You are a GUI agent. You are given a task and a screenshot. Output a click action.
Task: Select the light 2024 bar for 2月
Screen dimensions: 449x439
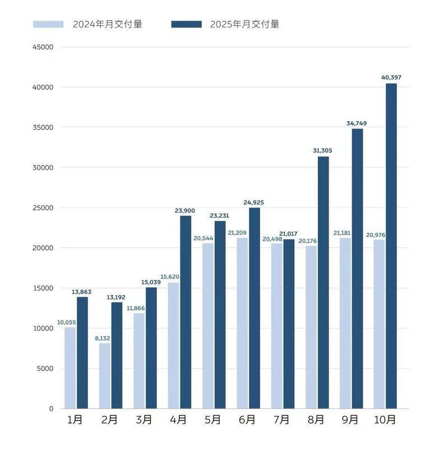[104, 375]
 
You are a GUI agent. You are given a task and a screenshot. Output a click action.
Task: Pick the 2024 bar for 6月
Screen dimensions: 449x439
[242, 323]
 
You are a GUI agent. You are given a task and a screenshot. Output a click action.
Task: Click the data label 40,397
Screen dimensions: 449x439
[390, 77]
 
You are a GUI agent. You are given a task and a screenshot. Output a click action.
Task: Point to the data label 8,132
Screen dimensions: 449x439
[103, 338]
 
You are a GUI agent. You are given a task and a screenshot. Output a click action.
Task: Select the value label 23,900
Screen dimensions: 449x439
[185, 210]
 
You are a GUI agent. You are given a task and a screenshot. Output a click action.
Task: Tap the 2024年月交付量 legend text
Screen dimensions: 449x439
[107, 24]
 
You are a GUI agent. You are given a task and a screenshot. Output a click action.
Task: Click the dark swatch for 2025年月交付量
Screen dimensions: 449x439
[186, 24]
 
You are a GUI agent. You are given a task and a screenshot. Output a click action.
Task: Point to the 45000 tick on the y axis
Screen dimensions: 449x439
[43, 47]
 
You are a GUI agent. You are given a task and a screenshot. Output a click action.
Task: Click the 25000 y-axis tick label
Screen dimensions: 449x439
[43, 208]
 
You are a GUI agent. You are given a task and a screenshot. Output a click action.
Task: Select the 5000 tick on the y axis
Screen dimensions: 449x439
[45, 368]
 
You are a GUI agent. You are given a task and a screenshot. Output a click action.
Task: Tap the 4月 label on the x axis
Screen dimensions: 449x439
[178, 420]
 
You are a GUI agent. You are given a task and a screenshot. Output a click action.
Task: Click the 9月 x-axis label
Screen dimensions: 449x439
[350, 420]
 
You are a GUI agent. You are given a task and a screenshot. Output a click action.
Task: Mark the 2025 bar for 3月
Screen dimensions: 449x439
[151, 348]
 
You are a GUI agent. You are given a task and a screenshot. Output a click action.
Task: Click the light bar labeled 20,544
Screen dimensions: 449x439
[207, 326]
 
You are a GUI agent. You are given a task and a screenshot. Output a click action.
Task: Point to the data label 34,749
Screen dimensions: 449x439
[357, 123]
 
